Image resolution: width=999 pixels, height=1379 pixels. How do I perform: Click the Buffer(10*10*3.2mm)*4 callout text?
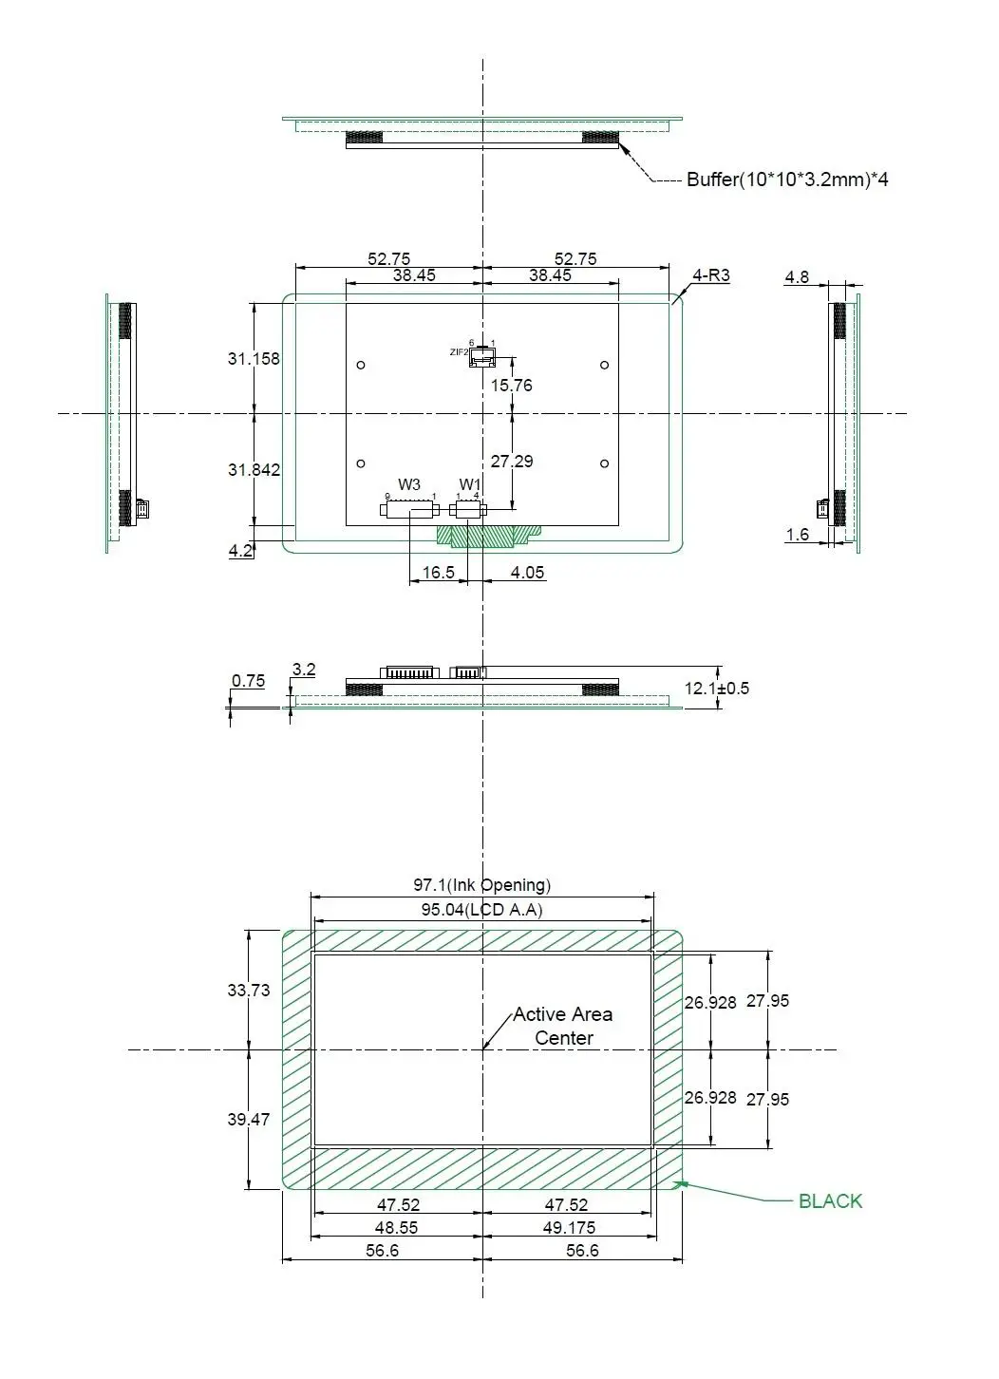click(787, 179)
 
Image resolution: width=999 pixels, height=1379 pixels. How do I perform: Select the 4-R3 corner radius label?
click(710, 275)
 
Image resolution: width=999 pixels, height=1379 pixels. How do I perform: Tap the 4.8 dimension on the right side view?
click(797, 277)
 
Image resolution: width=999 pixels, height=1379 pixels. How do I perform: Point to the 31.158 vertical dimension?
click(254, 358)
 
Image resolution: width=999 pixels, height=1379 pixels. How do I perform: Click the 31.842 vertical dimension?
click(254, 469)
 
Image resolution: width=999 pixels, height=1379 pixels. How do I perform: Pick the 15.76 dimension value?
click(511, 385)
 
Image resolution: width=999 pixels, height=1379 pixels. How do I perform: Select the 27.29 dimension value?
click(511, 461)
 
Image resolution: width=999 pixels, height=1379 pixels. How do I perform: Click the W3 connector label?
click(409, 484)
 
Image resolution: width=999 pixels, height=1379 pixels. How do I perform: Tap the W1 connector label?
click(470, 484)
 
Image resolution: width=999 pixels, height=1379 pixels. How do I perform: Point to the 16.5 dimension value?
click(438, 573)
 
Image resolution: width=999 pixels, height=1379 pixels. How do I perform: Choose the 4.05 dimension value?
click(527, 573)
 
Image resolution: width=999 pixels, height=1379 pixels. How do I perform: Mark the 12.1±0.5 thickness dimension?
click(716, 688)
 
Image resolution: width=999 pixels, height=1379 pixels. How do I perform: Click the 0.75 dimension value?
click(248, 680)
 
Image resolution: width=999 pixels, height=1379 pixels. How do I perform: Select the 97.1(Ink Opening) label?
click(481, 884)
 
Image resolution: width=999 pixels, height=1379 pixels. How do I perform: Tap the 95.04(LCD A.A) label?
click(481, 909)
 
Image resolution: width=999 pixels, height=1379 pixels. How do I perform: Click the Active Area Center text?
click(563, 1026)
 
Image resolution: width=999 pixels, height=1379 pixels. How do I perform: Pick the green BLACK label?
click(830, 1200)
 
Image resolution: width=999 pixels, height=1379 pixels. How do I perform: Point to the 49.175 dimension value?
click(569, 1227)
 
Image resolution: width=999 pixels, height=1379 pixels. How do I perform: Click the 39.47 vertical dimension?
click(248, 1119)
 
